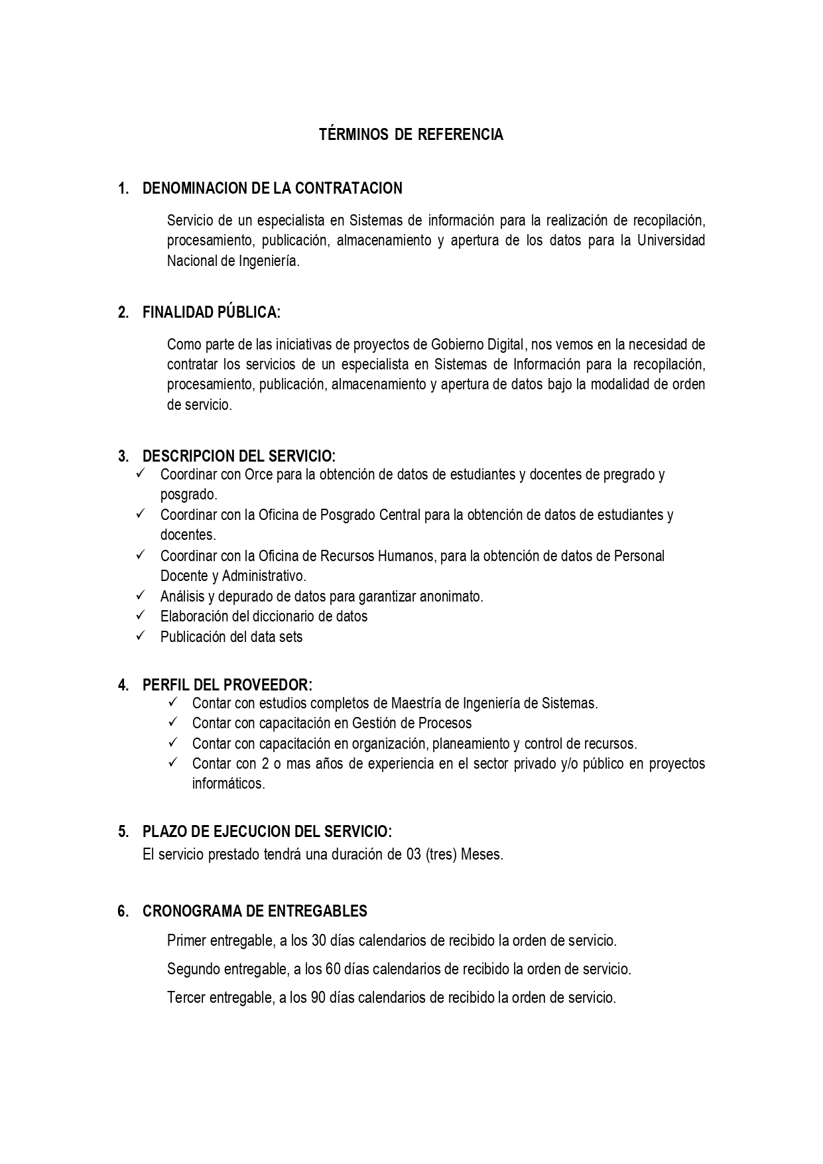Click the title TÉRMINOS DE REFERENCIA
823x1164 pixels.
coord(411,135)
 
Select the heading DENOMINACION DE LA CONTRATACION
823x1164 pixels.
coord(272,188)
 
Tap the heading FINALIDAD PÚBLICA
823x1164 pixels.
coord(211,312)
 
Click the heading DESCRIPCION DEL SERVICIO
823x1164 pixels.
coord(239,456)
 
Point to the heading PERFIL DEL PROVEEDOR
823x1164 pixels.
coord(227,684)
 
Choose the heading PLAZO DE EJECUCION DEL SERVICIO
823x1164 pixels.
coord(267,832)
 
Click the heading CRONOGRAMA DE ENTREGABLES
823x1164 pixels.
coord(255,911)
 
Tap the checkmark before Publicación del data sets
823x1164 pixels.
coord(141,636)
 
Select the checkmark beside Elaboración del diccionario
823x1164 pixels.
coord(141,615)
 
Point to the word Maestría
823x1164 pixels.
coord(414,703)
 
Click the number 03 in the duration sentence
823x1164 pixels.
coord(414,855)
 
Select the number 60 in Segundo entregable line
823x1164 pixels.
coord(334,969)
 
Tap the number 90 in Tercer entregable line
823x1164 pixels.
coord(318,998)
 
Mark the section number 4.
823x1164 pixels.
coord(123,685)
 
